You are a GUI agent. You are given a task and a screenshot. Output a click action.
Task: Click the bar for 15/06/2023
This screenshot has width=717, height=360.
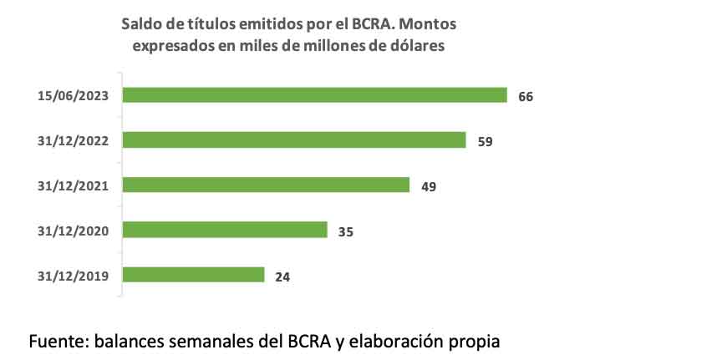(x=315, y=94)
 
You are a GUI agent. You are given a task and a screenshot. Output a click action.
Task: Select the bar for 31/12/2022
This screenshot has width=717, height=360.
(x=294, y=139)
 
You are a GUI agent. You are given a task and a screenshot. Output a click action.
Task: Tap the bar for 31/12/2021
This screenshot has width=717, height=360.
(x=266, y=185)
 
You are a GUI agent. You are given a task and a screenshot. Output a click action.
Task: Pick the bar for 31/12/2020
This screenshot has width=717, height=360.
(x=225, y=230)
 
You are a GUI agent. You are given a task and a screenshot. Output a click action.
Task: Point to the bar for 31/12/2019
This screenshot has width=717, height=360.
(x=194, y=275)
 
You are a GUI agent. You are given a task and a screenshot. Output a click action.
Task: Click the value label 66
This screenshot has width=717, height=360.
(x=526, y=96)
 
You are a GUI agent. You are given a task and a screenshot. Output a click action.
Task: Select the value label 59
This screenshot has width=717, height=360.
(x=485, y=141)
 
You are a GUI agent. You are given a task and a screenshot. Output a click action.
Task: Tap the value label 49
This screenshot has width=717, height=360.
(x=429, y=186)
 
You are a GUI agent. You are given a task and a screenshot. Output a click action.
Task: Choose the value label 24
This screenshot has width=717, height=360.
(x=282, y=276)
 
